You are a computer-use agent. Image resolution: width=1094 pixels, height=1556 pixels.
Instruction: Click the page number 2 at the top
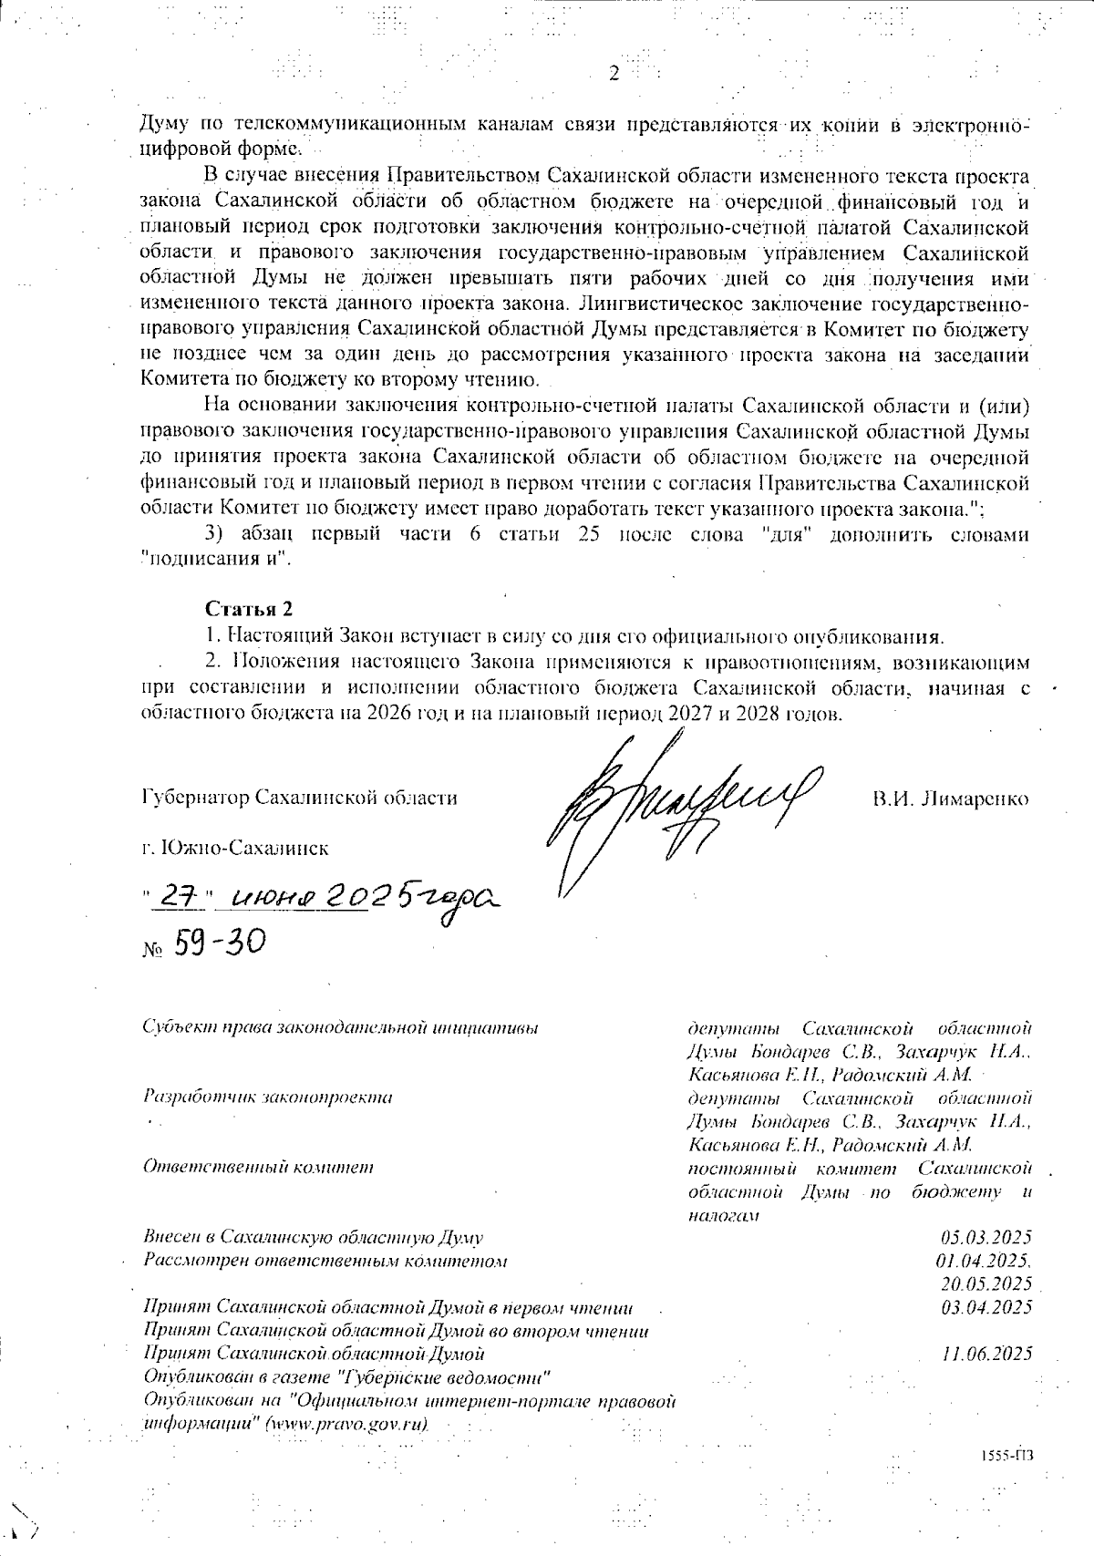[613, 75]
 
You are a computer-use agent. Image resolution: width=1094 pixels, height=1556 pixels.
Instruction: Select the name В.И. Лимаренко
[950, 799]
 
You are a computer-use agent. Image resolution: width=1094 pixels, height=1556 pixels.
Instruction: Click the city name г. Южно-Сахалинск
[235, 848]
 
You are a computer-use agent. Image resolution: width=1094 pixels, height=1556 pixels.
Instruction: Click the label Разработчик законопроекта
[268, 1097]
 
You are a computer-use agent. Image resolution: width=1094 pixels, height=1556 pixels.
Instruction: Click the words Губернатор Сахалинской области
[300, 799]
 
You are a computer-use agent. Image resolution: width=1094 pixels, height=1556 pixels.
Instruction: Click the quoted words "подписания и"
[216, 559]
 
